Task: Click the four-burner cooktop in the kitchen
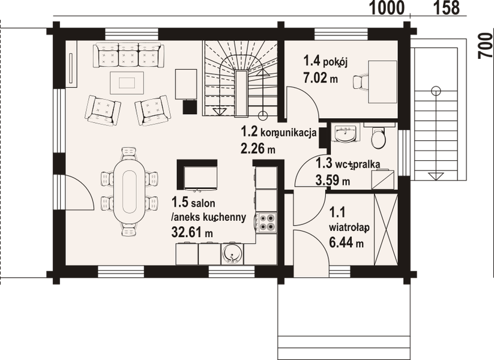tap(266, 223)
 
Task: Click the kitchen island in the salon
tap(197, 176)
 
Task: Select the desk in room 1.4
tap(382, 82)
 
